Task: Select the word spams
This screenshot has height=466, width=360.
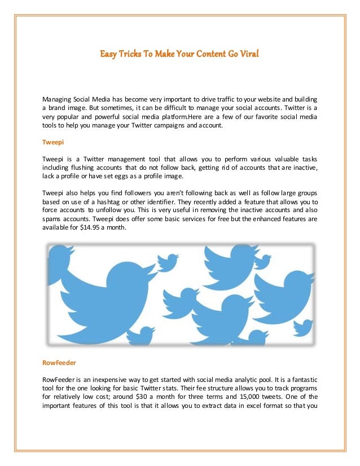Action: coord(52,219)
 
